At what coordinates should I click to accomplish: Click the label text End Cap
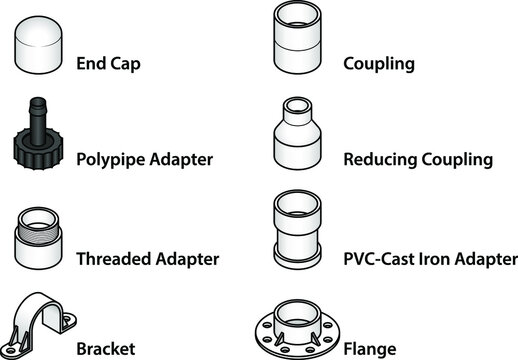pos(108,65)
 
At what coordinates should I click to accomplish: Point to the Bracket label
pos(105,350)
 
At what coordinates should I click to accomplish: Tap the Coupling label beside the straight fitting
pos(378,65)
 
